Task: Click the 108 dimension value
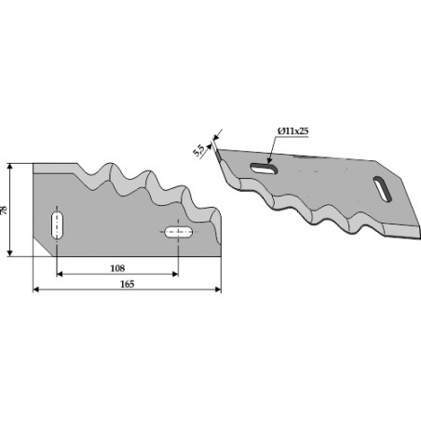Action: click(117, 268)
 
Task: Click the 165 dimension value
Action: click(128, 284)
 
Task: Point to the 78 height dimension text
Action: click(4, 210)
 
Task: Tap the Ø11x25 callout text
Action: click(292, 131)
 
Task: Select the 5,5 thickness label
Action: click(198, 150)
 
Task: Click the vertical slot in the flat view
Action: click(57, 225)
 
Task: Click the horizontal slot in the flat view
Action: click(179, 232)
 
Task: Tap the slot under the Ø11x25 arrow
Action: click(264, 169)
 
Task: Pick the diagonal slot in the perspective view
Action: click(382, 189)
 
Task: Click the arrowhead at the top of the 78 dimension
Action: click(10, 167)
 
